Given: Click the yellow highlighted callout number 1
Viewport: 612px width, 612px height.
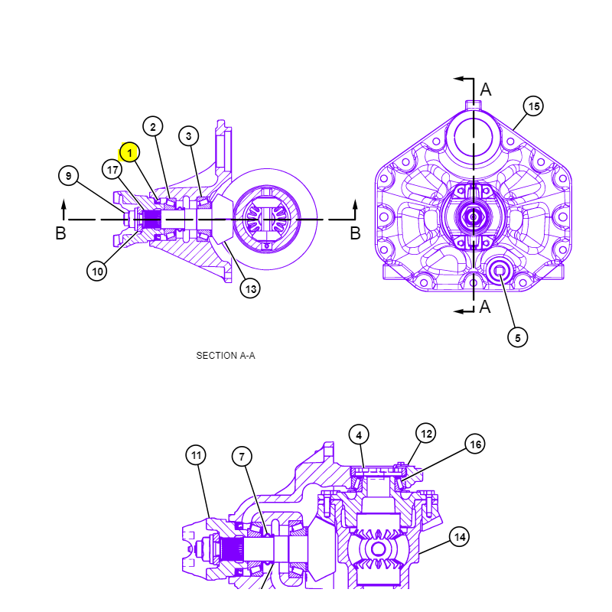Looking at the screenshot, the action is point(129,152).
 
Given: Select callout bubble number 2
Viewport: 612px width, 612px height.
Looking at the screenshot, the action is point(152,126).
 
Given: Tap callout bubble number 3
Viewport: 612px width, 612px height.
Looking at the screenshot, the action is point(188,136).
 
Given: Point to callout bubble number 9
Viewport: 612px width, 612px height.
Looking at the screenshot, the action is point(68,176).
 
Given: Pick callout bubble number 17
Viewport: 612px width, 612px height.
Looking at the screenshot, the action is point(112,170).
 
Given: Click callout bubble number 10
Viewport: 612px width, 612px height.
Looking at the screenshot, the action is point(97,271).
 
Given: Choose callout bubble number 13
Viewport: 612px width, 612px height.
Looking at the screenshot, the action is point(250,289).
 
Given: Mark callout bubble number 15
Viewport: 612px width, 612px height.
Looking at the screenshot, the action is point(533,106).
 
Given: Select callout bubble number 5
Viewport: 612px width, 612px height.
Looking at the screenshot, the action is point(518,337).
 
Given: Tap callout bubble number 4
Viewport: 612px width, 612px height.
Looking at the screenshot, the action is point(359,435).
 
